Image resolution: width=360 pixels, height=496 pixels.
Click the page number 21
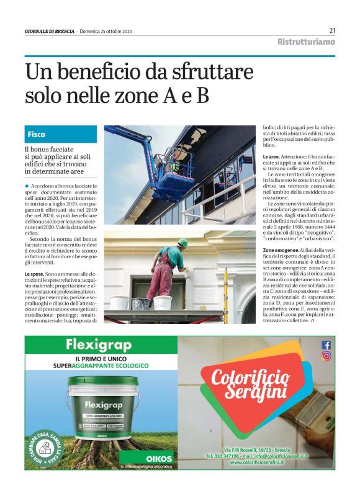tap(332, 30)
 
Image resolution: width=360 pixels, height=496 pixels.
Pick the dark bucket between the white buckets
tap(142, 304)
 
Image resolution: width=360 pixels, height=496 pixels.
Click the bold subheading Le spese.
tap(34, 274)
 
